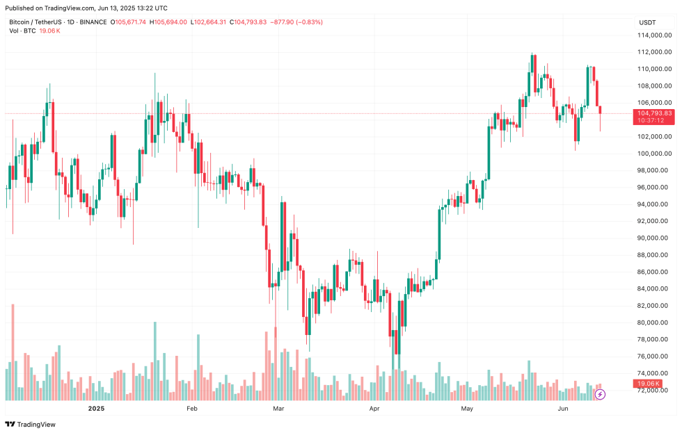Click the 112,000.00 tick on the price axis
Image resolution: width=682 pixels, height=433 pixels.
pos(655,52)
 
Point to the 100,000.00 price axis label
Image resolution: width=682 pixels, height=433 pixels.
pos(655,154)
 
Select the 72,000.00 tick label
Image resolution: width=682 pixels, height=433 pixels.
pos(655,391)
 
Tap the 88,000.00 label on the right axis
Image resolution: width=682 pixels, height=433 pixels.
pos(655,255)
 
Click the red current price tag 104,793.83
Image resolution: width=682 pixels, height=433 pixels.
pos(654,113)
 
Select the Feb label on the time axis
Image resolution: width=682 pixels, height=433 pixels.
pos(192,409)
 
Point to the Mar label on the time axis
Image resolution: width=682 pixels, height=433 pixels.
pos(279,409)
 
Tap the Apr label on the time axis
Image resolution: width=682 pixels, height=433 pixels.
pos(374,409)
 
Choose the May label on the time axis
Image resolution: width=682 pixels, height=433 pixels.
pos(467,409)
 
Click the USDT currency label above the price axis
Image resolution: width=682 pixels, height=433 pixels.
pos(647,22)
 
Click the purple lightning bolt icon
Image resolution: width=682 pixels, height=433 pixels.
pos(600,394)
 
